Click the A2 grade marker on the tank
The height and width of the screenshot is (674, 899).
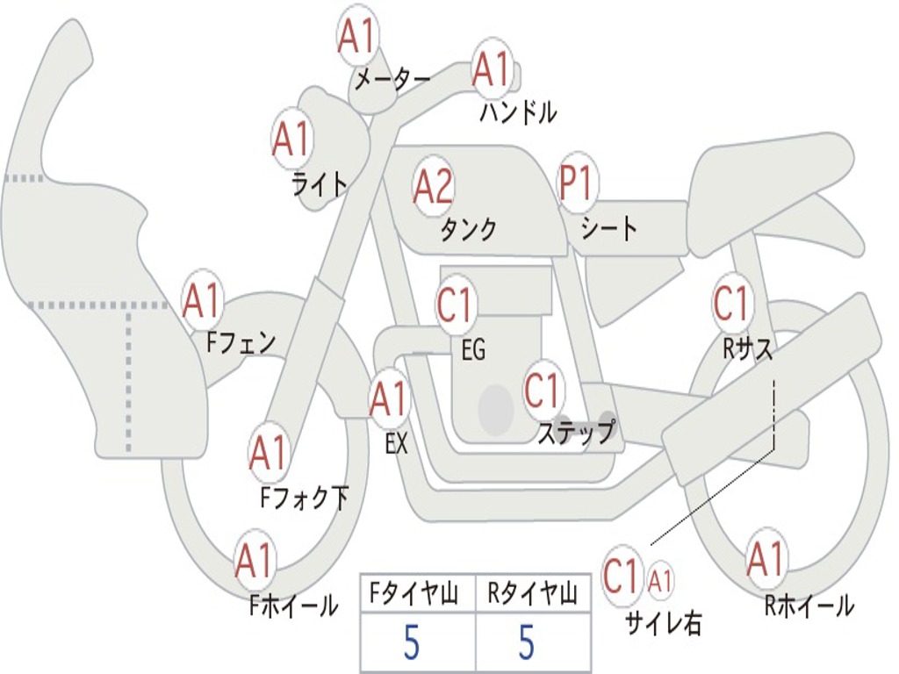[x=433, y=186]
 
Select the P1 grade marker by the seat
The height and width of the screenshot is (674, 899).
[x=576, y=183]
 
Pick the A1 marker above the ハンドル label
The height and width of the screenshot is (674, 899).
[x=492, y=69]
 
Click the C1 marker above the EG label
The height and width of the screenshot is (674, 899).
[x=454, y=304]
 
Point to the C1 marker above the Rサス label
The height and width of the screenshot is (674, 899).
[x=731, y=302]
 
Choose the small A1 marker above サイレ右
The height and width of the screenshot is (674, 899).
[x=660, y=581]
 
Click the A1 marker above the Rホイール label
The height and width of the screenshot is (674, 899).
[x=766, y=559]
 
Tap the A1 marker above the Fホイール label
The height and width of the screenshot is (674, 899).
[x=254, y=559]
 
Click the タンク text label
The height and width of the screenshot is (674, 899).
[x=468, y=229]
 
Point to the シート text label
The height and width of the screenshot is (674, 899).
[x=608, y=227]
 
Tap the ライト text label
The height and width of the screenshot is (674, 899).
[x=320, y=183]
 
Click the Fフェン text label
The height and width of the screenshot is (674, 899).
[x=241, y=342]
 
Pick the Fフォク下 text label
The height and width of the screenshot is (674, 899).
[x=305, y=497]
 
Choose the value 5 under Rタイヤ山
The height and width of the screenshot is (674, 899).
[x=527, y=642]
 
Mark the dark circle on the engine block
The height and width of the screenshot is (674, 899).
[x=496, y=409]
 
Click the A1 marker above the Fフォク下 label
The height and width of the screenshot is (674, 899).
[x=268, y=452]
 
